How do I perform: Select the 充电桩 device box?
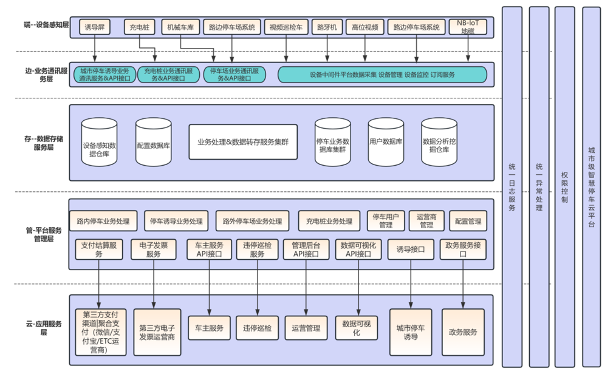click(140, 27)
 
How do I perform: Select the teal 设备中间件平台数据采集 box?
click(382, 75)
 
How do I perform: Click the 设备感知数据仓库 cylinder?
click(99, 143)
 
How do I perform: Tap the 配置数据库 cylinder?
click(153, 143)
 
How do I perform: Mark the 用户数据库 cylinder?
click(386, 143)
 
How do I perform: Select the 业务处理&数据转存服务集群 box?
click(243, 142)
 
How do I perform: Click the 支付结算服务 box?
click(100, 250)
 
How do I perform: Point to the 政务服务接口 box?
click(464, 250)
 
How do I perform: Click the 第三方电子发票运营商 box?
click(156, 331)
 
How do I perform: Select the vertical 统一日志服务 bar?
click(512, 187)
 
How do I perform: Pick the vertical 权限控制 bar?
click(564, 187)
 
